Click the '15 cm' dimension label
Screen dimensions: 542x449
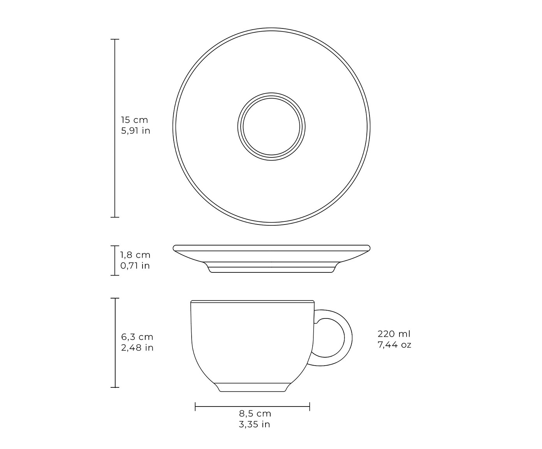click(134, 120)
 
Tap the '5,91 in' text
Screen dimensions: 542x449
click(135, 131)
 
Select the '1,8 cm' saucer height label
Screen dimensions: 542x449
click(135, 255)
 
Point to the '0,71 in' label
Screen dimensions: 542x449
click(135, 265)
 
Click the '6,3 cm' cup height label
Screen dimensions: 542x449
click(137, 337)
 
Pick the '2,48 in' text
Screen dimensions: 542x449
click(137, 347)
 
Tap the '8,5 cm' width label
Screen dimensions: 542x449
click(255, 413)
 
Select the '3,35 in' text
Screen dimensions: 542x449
click(254, 424)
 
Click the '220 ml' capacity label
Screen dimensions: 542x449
click(394, 334)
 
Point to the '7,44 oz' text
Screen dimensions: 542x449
click(394, 345)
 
